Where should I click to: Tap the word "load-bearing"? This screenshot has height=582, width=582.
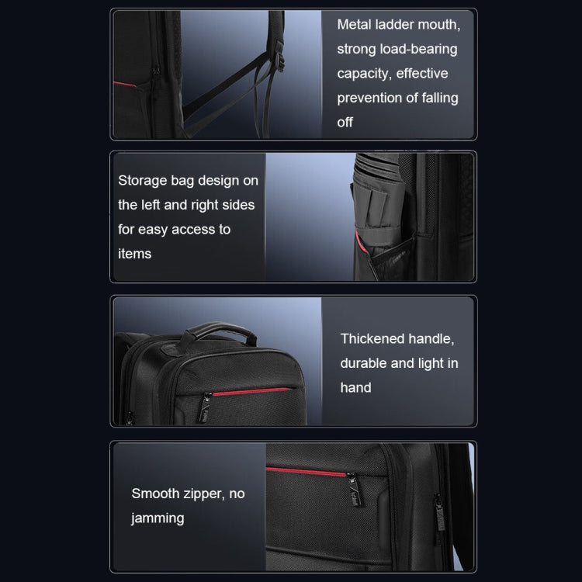pos(419,50)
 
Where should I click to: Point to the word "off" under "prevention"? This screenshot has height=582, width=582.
pos(345,123)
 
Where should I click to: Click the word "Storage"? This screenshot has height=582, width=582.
pos(143,181)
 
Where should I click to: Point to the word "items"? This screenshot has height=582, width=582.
pos(135,254)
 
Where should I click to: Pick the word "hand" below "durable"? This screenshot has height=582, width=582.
pos(355,387)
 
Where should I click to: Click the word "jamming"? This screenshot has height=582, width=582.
pos(158,518)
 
